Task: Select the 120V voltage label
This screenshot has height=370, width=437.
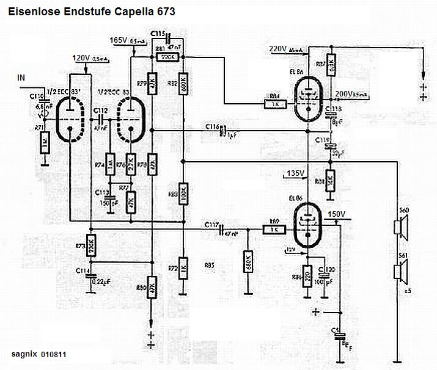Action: click(x=81, y=58)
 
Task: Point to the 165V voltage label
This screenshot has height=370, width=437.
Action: click(x=118, y=40)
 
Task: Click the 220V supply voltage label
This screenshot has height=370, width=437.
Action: click(x=278, y=49)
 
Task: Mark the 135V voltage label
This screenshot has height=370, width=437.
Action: click(x=295, y=173)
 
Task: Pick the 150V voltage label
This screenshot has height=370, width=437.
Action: click(x=337, y=214)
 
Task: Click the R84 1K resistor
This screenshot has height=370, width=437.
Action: click(x=273, y=104)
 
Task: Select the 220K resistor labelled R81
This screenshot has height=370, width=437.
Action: click(x=166, y=57)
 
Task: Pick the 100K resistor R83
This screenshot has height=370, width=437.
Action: click(x=183, y=195)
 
